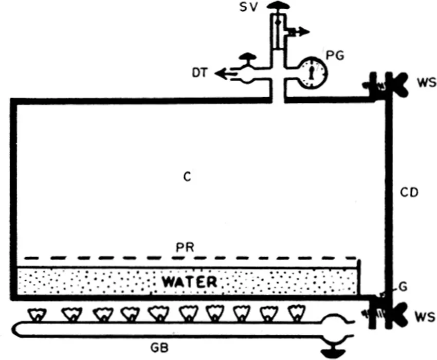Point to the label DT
coord(200,74)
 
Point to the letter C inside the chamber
coord(187,177)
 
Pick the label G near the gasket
coord(403,287)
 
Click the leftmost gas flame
coord(37,313)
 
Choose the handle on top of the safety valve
coord(278,7)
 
